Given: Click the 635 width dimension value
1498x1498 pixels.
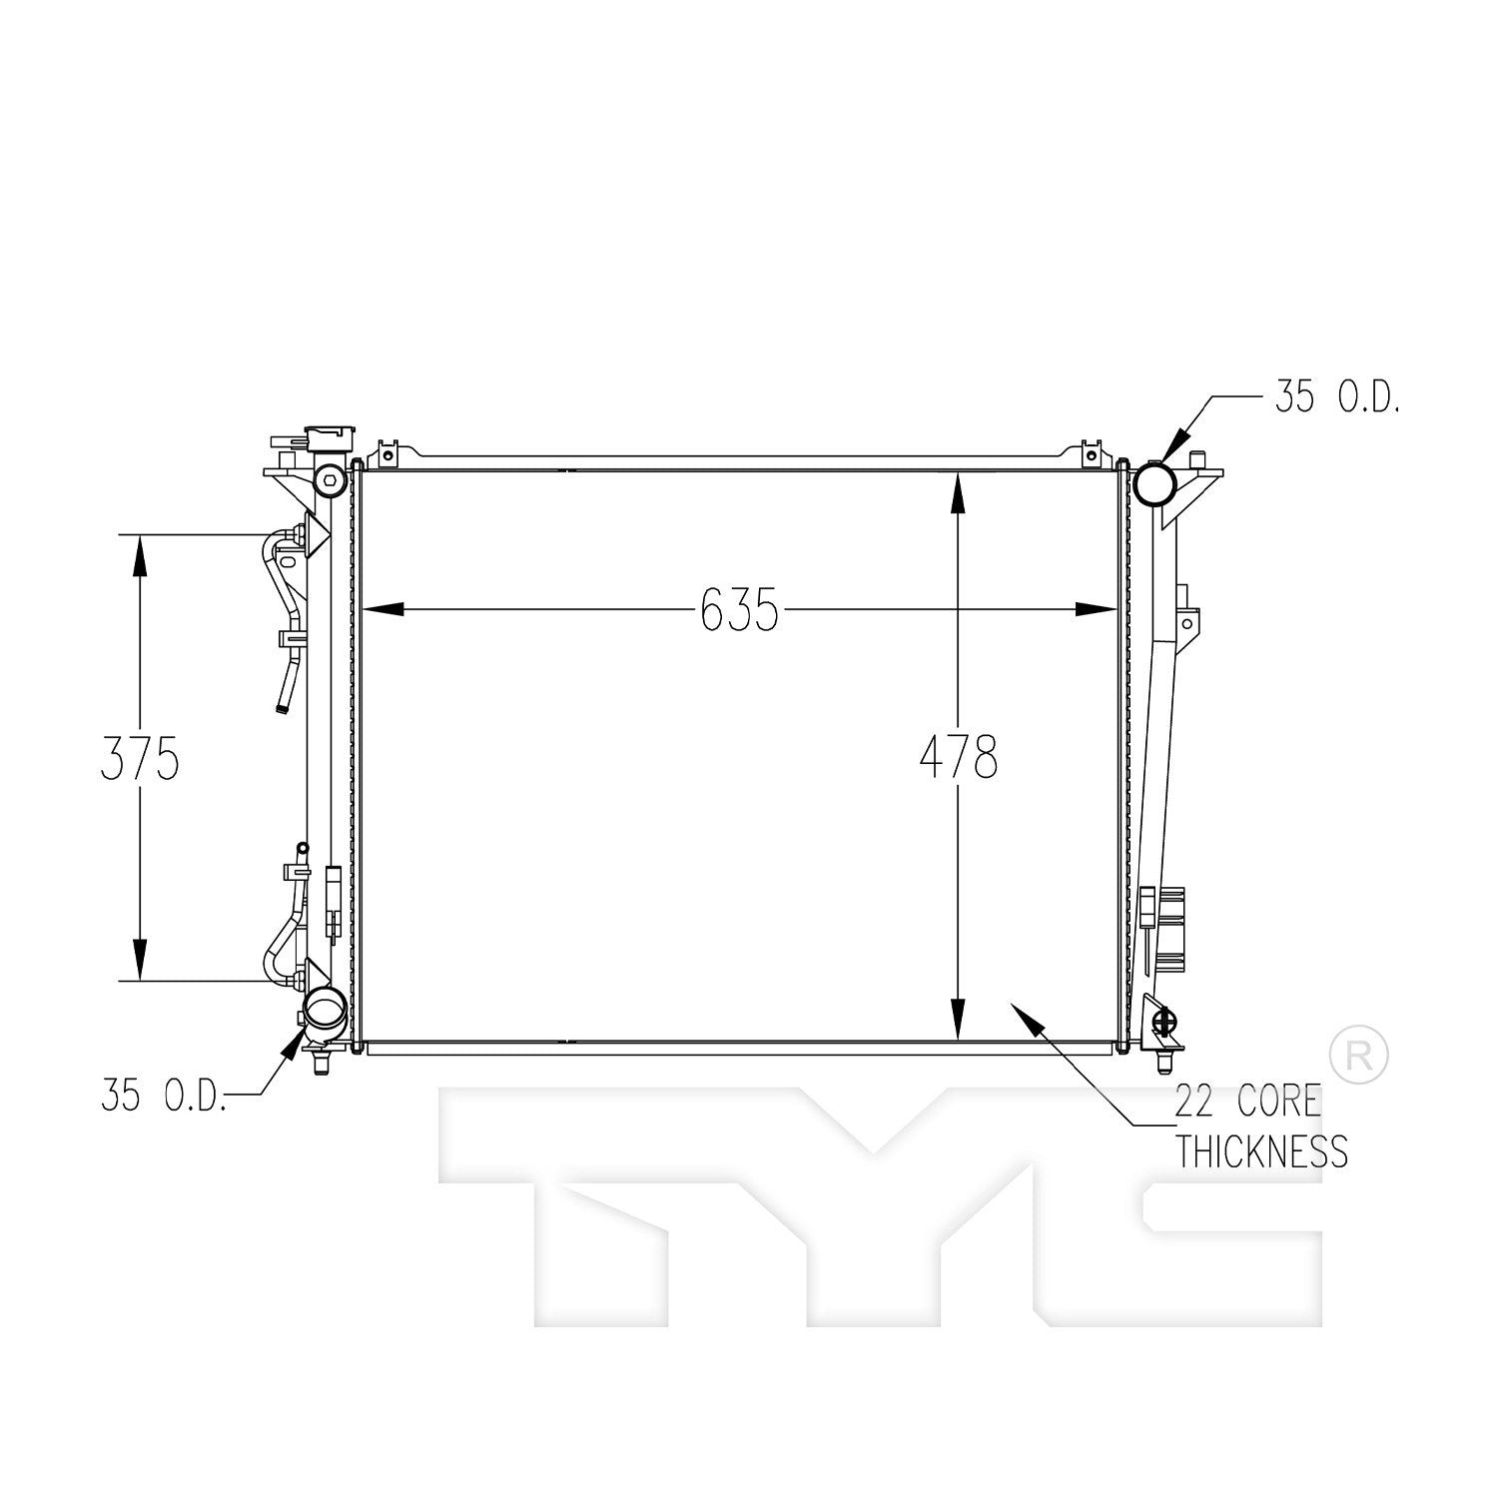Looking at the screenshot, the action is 739,609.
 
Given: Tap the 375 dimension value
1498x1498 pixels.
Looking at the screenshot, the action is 140,758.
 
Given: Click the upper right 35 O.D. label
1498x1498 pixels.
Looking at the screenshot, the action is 1336,398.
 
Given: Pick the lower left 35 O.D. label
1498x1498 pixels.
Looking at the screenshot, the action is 163,1096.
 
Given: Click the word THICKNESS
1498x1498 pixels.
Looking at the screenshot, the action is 1261,1152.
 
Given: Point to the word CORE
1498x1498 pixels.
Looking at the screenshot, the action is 1280,1103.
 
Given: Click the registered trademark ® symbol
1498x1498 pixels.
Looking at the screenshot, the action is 1359,1055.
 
